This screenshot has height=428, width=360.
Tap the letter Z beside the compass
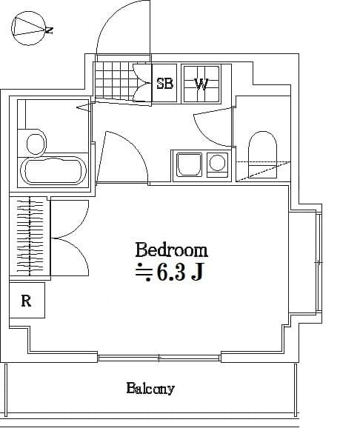[x=49, y=31]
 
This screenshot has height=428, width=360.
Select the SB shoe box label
[x=164, y=84]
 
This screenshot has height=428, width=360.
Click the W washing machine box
[x=201, y=84]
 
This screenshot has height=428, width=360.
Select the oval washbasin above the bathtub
[x=33, y=142]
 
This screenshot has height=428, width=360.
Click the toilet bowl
[x=261, y=149]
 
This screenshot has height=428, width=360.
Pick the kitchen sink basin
[x=187, y=164]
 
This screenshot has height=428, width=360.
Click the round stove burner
[x=217, y=163]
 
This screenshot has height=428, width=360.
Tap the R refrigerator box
[x=27, y=301]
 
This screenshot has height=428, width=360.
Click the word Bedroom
[x=171, y=250]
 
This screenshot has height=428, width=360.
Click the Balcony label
[x=150, y=388]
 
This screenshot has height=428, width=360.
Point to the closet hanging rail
[x=30, y=237]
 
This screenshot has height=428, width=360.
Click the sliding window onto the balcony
[x=159, y=358]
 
